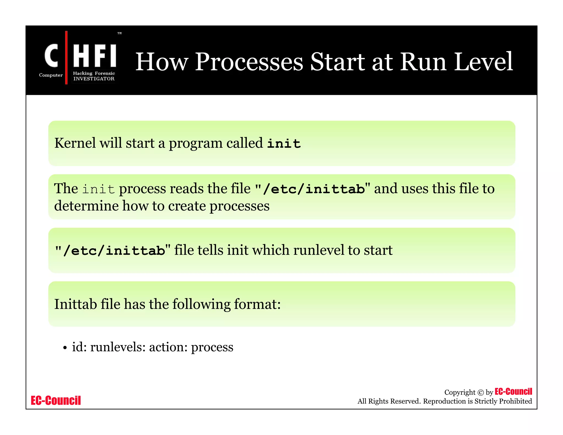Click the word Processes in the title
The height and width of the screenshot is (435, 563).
(x=249, y=62)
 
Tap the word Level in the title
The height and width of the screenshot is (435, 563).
(x=483, y=62)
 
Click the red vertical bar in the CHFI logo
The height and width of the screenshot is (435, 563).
(x=66, y=58)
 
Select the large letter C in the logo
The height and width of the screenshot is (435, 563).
(x=51, y=56)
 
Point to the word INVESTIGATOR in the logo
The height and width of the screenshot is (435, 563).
(x=94, y=79)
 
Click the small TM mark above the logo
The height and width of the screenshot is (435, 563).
(x=120, y=33)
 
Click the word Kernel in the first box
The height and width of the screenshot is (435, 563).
(x=75, y=143)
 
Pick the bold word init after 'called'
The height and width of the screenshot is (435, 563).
(x=284, y=144)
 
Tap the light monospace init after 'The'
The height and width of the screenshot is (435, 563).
(x=98, y=189)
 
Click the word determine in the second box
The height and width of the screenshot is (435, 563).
(x=86, y=206)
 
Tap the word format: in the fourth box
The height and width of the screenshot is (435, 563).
(x=257, y=304)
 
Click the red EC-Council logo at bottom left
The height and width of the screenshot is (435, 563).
(x=56, y=401)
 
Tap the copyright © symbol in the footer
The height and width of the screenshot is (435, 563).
(x=480, y=393)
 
